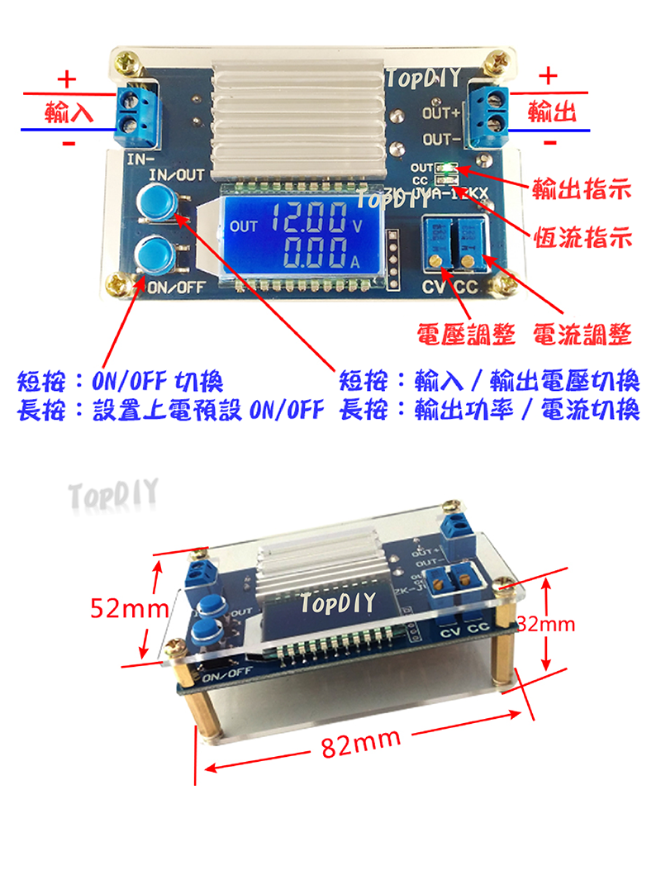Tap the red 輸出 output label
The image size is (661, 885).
click(x=550, y=111)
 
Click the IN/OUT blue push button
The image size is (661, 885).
click(x=155, y=203)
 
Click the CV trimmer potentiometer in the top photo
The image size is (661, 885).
click(x=437, y=242)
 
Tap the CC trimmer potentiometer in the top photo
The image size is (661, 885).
click(x=468, y=242)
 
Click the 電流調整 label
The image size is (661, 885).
click(x=583, y=335)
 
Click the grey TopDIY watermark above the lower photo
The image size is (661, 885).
click(x=113, y=496)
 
